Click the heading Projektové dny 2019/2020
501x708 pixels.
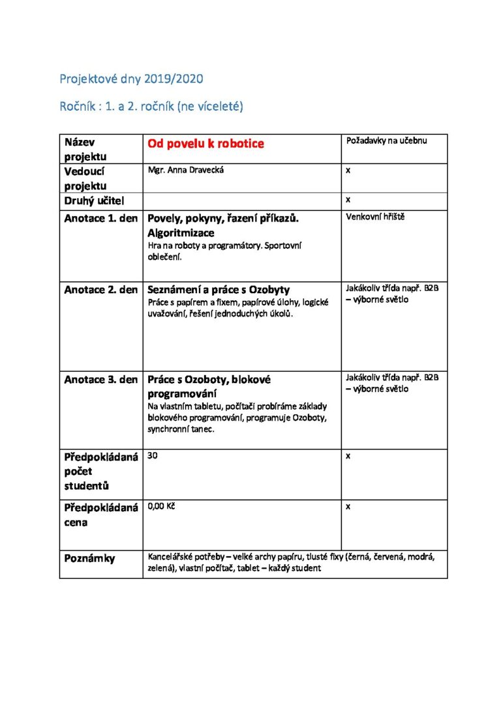pyautogui.click(x=131, y=79)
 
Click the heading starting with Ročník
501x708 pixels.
pyautogui.click(x=151, y=107)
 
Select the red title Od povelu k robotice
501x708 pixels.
pyautogui.click(x=205, y=143)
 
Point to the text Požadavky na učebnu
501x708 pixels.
pyautogui.click(x=386, y=141)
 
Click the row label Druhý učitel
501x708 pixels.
pyautogui.click(x=94, y=201)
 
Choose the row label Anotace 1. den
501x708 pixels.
pyautogui.click(x=100, y=218)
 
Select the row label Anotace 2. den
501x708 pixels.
pyautogui.click(x=100, y=290)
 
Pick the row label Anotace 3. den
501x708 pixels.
pyautogui.click(x=100, y=380)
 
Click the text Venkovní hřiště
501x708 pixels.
pyautogui.click(x=375, y=217)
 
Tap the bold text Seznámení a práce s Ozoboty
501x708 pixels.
pyautogui.click(x=219, y=290)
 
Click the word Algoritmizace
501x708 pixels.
pyautogui.click(x=181, y=233)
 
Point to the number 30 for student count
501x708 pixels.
pyautogui.click(x=153, y=456)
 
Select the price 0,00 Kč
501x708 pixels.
pyautogui.click(x=162, y=506)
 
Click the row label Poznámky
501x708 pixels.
pyautogui.click(x=89, y=558)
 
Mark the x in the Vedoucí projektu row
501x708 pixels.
pyautogui.click(x=348, y=171)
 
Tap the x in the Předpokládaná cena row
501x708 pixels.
pyautogui.click(x=348, y=506)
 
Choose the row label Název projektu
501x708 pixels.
pyautogui.click(x=85, y=149)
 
